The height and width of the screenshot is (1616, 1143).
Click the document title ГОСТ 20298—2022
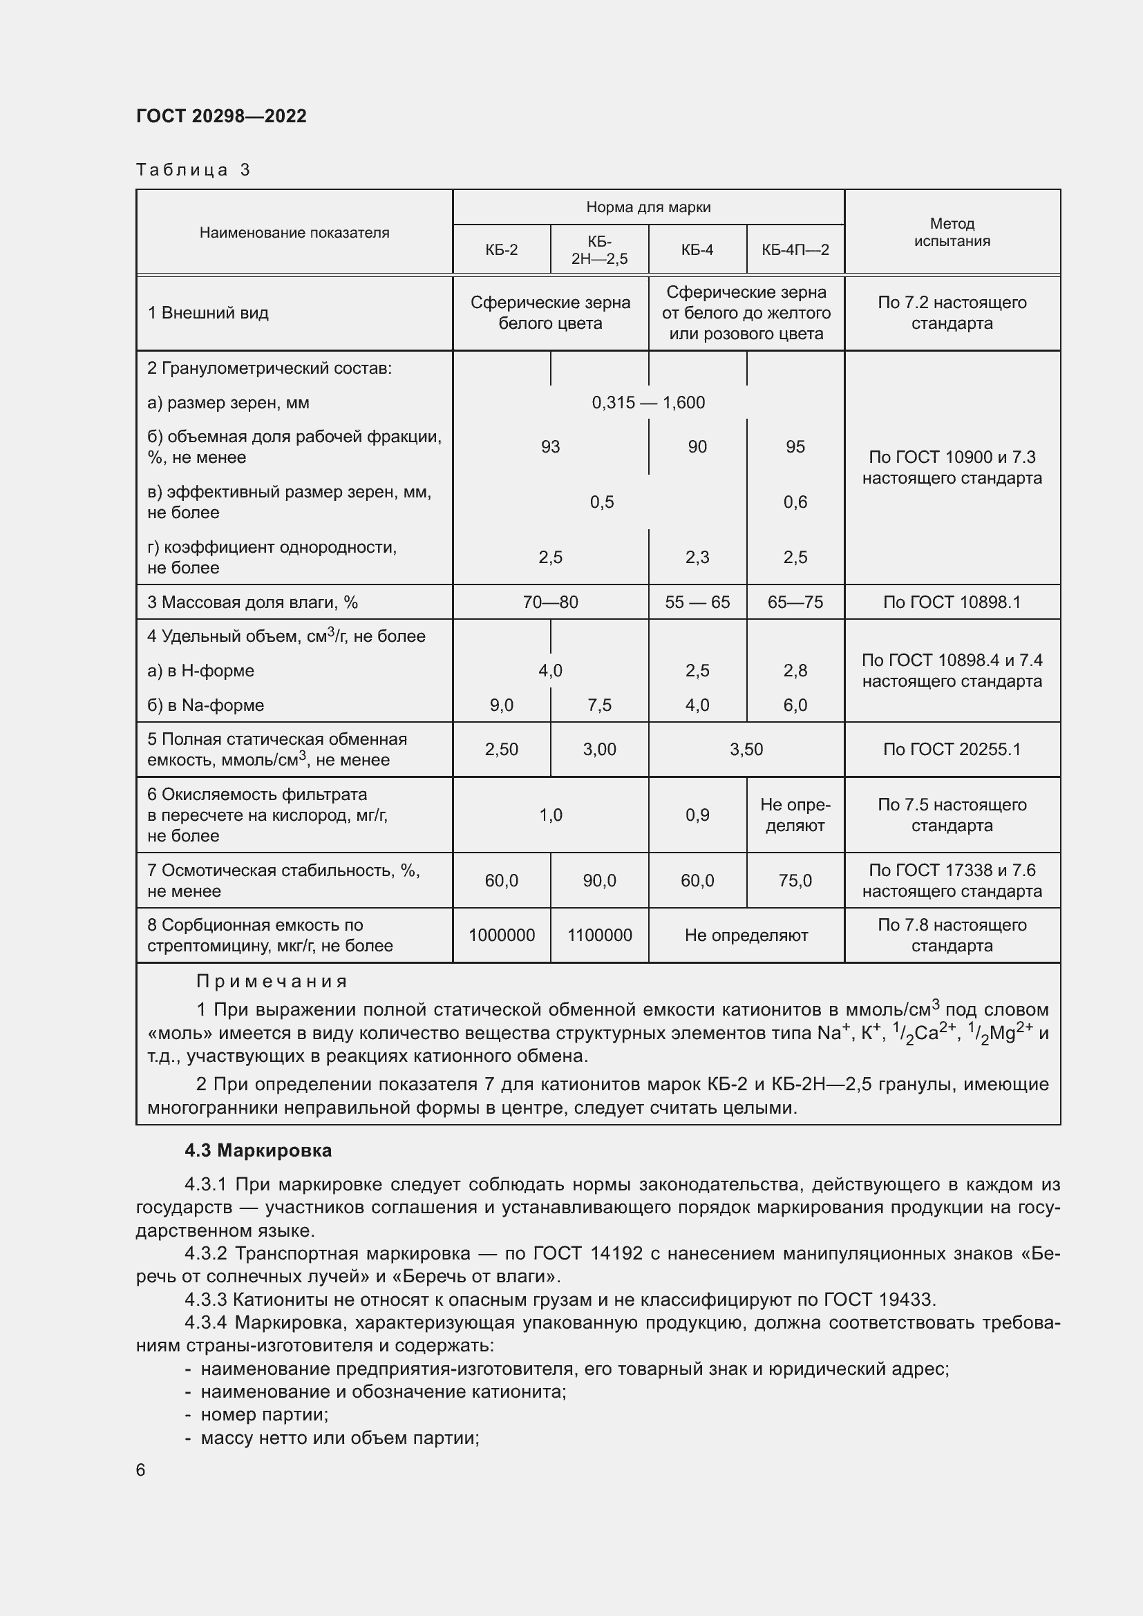pos(221,116)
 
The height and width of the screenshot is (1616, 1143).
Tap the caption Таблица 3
pos(193,170)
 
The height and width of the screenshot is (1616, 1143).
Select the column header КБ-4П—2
pos(795,250)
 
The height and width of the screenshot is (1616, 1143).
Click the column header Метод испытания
pos(952,232)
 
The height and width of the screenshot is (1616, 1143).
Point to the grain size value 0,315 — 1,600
pos(648,403)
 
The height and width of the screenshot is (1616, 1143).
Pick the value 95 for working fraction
pos(795,447)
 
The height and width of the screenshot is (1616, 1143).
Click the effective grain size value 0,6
pos(795,502)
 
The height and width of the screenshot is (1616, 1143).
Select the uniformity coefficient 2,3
pos(697,558)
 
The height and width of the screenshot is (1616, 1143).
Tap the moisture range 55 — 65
pos(697,602)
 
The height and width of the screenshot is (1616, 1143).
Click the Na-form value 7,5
pos(599,705)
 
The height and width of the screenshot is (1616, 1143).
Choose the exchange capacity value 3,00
pos(599,750)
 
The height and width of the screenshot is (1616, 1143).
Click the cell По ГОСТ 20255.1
pos(952,750)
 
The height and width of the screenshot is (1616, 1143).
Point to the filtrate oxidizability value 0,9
pos(697,815)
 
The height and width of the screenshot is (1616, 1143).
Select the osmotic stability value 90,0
pos(599,880)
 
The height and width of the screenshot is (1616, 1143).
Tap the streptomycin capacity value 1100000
pos(599,935)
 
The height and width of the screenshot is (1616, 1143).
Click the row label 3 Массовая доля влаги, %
pos(252,602)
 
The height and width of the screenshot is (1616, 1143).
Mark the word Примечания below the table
pos(272,981)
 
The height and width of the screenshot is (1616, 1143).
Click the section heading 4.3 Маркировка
pos(258,1151)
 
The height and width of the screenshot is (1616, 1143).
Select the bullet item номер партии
pos(264,1414)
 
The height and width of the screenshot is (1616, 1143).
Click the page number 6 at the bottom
pos(141,1470)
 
